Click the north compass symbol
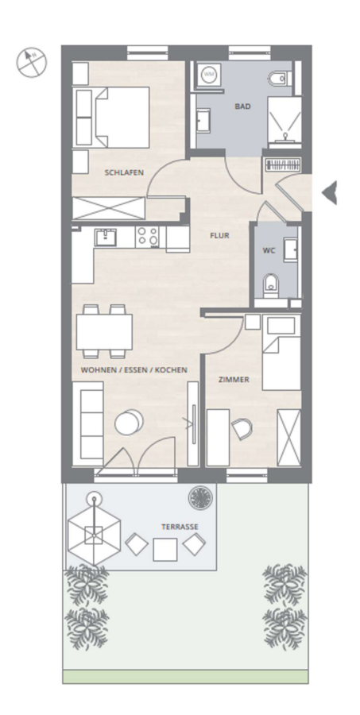pos(32,62)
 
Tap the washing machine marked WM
pos(209,74)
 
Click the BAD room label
pos(242,106)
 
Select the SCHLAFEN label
pos(124,172)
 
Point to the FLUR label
pos(219,235)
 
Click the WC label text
pos(269,250)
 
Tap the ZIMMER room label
pos(234,380)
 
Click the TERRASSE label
pos(180,527)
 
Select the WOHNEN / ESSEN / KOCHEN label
pos(134,369)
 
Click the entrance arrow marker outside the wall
pos(330,192)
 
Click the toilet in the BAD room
pos(280,79)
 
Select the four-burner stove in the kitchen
pos(147,237)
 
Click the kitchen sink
pos(106,237)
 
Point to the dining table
pos(104,331)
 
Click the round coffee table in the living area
pos(129,423)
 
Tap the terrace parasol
pos(94,535)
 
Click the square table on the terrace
pos(165,550)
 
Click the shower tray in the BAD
pos(285,120)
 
